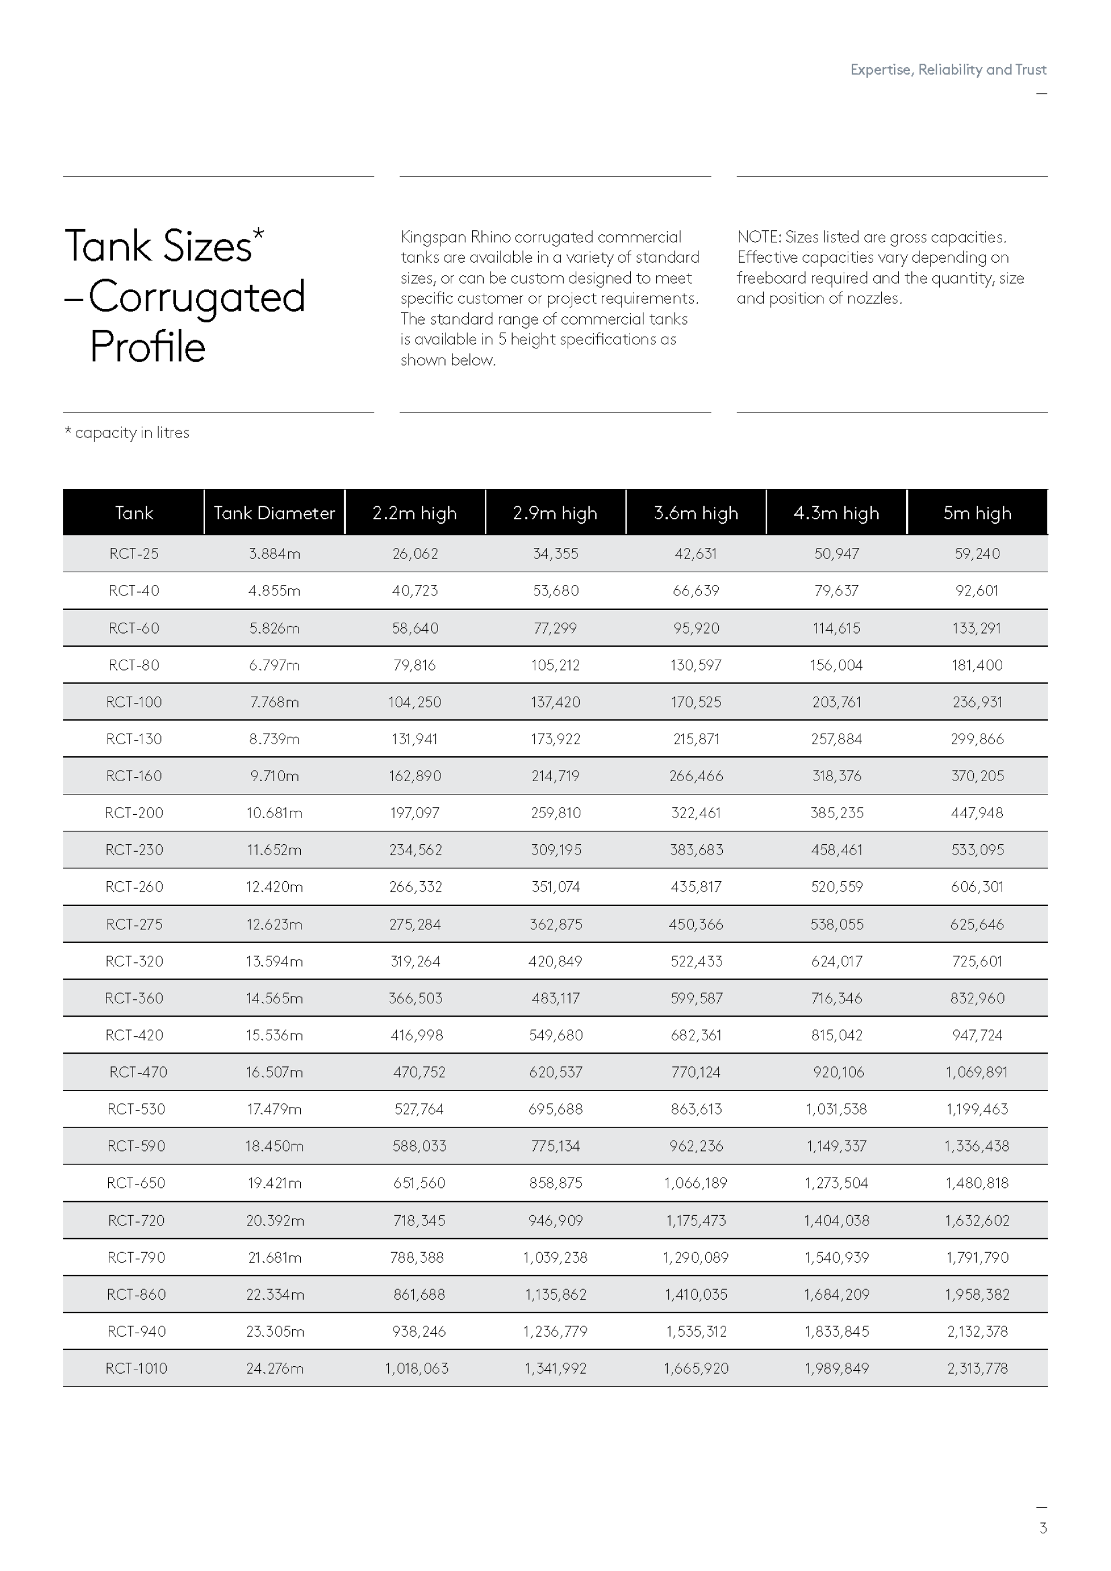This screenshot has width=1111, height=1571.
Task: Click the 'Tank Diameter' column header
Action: coord(274,513)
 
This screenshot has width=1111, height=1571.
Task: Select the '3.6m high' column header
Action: coord(696,513)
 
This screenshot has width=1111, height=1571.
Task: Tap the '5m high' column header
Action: coord(977,513)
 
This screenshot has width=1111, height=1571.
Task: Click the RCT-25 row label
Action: coord(134,554)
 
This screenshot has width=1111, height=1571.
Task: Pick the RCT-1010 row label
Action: coord(136,1368)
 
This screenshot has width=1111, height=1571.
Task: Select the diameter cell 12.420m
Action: coord(274,887)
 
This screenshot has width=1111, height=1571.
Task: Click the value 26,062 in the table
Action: coord(415,554)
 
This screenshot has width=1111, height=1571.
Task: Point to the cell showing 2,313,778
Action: coord(977,1368)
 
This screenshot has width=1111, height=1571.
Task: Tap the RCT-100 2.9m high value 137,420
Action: coord(555,702)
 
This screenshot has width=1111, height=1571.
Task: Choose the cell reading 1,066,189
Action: coord(696,1183)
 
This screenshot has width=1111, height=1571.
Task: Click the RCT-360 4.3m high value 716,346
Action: coord(837,998)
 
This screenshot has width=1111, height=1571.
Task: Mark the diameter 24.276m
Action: coord(275,1368)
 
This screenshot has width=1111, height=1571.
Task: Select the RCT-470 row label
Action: coord(138,1072)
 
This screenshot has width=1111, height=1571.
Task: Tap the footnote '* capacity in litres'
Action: coord(127,432)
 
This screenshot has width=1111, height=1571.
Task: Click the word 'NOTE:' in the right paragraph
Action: coord(758,237)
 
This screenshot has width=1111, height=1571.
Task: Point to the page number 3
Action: coord(1043,1528)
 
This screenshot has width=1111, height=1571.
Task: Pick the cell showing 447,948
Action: coord(977,813)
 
